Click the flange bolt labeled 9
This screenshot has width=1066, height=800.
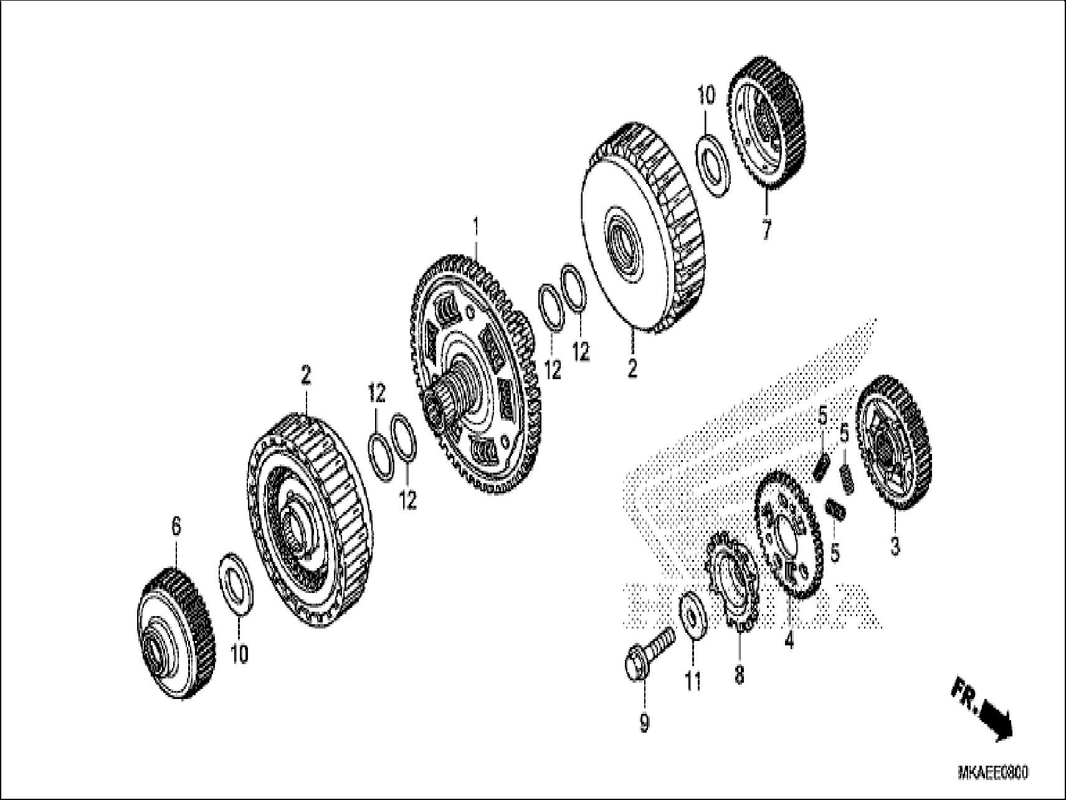pyautogui.click(x=648, y=656)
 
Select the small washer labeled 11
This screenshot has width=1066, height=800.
pyautogui.click(x=692, y=615)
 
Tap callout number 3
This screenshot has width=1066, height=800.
pyautogui.click(x=895, y=548)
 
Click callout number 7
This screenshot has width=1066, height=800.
pyautogui.click(x=766, y=231)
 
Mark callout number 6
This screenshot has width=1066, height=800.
pyautogui.click(x=176, y=528)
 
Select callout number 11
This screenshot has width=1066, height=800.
pyautogui.click(x=693, y=682)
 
